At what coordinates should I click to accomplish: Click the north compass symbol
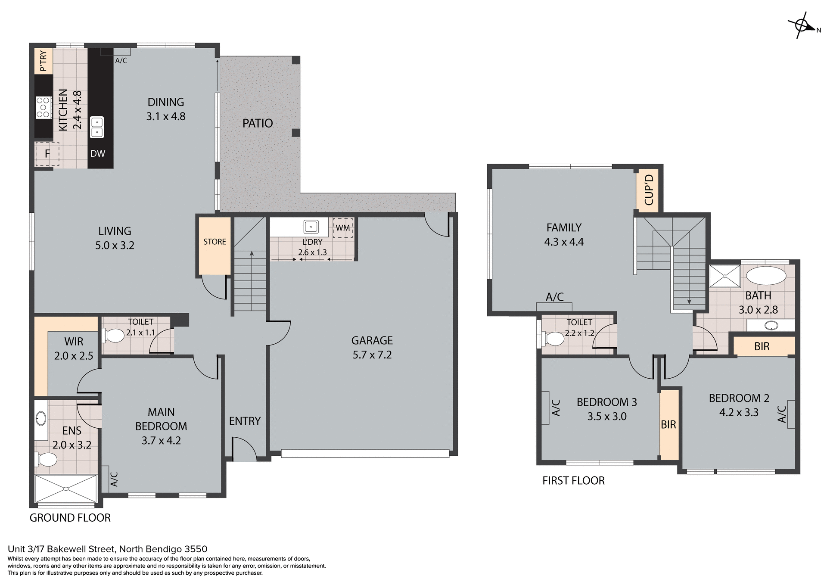click(802, 26)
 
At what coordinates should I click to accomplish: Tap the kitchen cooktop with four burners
click(43, 108)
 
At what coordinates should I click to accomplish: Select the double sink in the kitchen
click(97, 128)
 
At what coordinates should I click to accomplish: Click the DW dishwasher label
click(98, 154)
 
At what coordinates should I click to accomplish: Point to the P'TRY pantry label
click(43, 61)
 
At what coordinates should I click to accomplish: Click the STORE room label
click(215, 242)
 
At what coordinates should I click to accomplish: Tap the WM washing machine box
click(343, 228)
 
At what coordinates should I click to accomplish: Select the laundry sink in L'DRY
click(311, 227)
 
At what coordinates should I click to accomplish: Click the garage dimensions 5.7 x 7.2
click(372, 355)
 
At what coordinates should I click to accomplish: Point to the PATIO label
click(258, 124)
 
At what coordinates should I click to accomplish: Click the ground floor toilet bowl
click(114, 336)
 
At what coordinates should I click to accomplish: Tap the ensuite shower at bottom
click(66, 489)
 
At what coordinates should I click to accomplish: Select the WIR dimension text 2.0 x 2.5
click(74, 356)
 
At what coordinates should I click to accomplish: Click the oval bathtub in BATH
click(766, 276)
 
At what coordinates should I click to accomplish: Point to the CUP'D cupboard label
click(649, 190)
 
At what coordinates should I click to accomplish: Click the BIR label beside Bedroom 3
click(668, 425)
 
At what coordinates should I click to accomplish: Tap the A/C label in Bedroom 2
click(782, 414)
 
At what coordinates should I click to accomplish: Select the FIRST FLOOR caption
click(573, 481)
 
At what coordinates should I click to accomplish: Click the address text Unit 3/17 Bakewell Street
click(107, 549)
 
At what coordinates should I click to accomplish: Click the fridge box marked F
click(47, 154)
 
